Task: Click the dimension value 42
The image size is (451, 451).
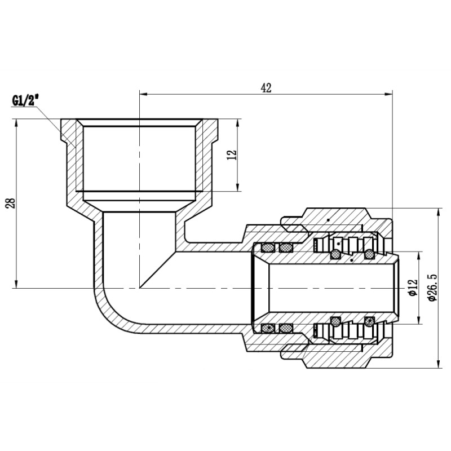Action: click(266, 87)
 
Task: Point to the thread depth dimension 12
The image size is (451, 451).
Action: click(231, 155)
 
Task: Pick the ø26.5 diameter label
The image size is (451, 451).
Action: click(432, 288)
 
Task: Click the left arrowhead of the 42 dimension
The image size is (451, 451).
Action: click(143, 94)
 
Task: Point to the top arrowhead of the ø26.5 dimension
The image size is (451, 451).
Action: click(439, 213)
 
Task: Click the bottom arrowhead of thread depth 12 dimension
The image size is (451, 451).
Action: click(237, 187)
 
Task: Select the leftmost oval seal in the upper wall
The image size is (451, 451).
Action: click(268, 247)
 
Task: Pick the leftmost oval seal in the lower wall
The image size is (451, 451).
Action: click(268, 328)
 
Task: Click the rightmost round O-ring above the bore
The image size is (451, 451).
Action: click(369, 255)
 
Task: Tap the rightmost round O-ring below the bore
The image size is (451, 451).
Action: click(369, 321)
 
